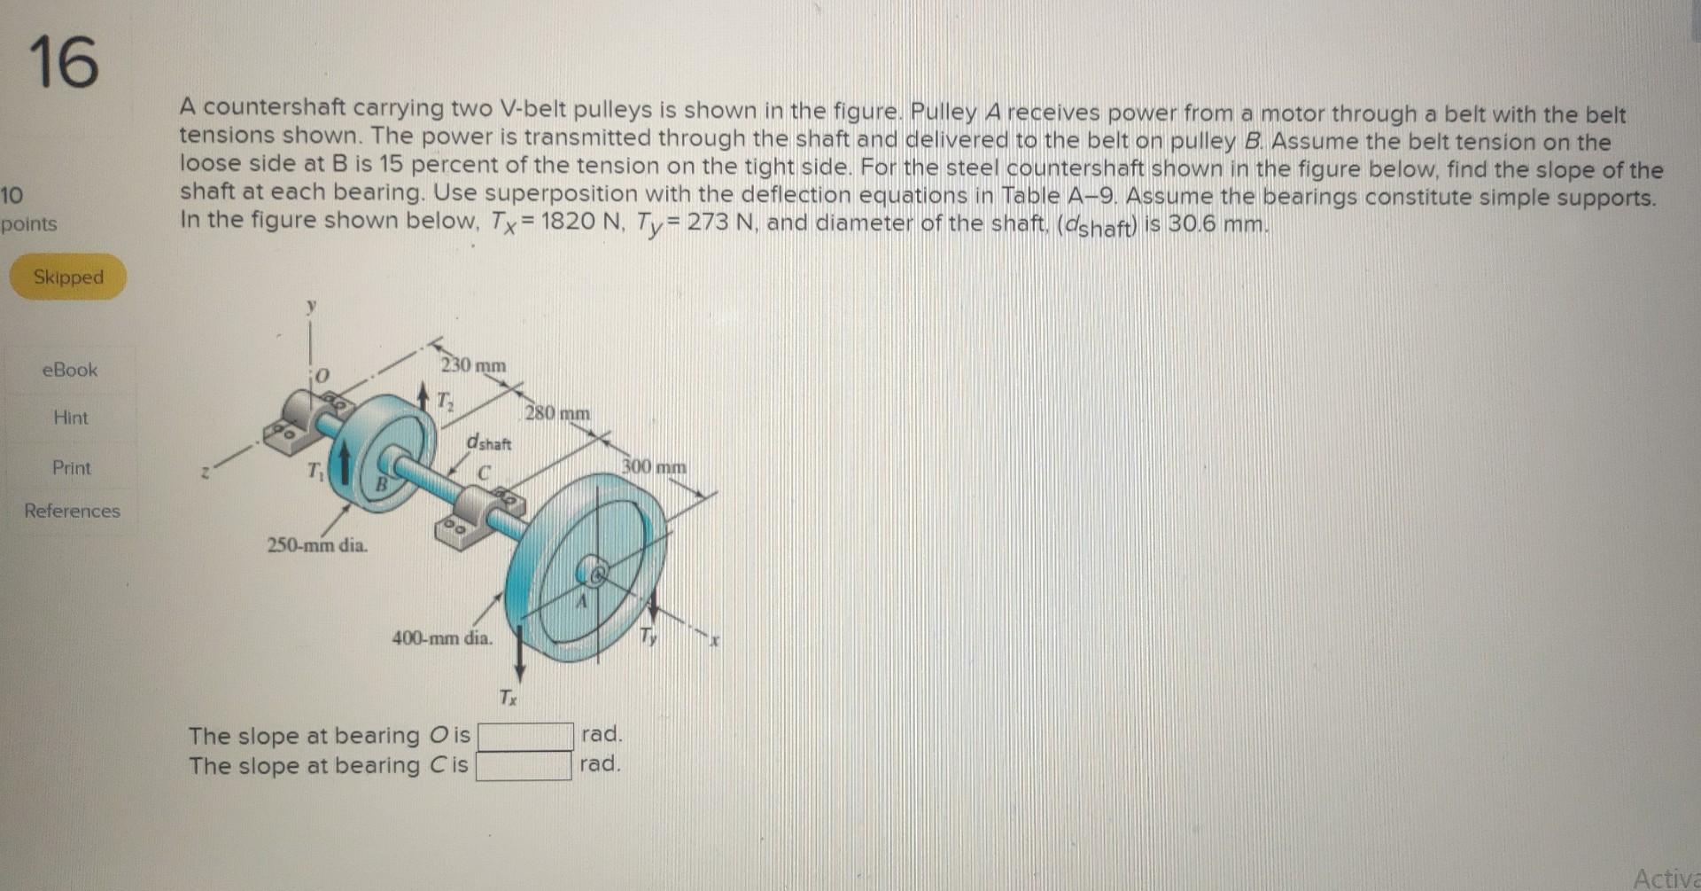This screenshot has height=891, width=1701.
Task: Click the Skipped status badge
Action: (68, 277)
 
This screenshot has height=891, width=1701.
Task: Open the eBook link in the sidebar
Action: (70, 370)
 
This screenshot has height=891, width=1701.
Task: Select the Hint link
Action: (71, 418)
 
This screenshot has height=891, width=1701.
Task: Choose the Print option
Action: (72, 467)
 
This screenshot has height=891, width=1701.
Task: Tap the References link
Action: (72, 511)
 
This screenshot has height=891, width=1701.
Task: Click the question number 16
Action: (64, 62)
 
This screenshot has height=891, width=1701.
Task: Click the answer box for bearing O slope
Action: (524, 736)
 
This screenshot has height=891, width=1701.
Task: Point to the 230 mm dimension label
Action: (474, 365)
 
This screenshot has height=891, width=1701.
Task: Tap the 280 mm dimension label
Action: (557, 413)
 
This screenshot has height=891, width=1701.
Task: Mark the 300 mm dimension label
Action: (654, 466)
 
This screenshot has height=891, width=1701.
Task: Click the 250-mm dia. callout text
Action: (317, 544)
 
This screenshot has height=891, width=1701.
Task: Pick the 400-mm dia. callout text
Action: (442, 637)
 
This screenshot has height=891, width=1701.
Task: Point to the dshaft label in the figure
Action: (489, 442)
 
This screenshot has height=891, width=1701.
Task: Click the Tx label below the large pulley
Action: (507, 698)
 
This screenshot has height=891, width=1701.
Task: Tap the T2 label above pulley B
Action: (446, 401)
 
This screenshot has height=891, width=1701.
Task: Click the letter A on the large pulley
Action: (582, 602)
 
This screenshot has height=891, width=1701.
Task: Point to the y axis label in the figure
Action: (311, 306)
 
